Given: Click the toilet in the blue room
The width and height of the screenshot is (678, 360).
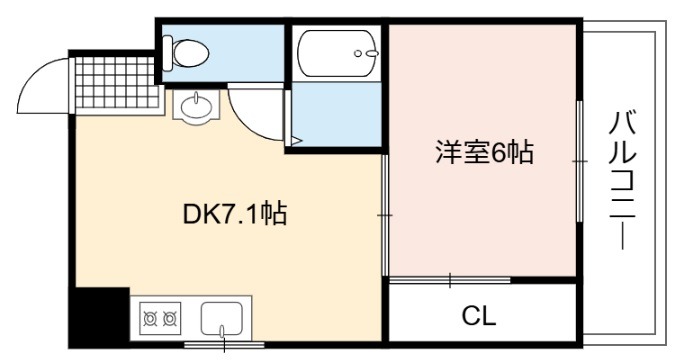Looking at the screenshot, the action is point(186,53).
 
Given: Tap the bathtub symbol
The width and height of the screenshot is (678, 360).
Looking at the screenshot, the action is point(336,53).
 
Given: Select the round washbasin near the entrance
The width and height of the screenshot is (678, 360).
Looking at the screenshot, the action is point(196,105).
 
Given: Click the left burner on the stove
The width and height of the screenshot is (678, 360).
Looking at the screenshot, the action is point(150,319).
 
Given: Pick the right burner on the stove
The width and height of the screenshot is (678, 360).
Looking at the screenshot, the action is point(170,319).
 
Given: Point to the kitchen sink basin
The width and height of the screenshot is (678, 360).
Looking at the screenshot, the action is point(221,319).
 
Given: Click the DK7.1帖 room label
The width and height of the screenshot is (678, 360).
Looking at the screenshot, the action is point(235,213).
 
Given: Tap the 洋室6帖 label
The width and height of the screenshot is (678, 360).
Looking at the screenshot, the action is point(484,151).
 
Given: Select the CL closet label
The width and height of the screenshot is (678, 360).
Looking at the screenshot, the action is point(479,316).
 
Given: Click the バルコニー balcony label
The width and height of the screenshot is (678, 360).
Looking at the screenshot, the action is point(622,180).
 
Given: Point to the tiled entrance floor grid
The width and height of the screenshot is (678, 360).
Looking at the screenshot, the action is point(116,82).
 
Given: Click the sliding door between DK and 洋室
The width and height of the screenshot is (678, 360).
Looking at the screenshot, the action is point(385,215).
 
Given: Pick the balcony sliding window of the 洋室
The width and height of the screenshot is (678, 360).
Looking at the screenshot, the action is point(579,161).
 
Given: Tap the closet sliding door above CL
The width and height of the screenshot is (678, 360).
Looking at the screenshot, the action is point(450,280).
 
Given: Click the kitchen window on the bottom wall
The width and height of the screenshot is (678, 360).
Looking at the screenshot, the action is point(224,345).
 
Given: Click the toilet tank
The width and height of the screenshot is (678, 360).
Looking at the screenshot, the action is point(168,53).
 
